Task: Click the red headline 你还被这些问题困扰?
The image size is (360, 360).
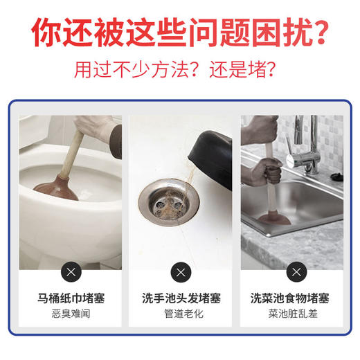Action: tap(180, 32)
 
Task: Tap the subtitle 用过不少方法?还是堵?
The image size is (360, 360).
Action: tap(180, 71)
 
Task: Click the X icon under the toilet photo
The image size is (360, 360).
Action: tap(71, 271)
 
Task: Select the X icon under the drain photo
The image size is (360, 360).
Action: tap(180, 271)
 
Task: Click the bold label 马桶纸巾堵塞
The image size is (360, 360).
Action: tap(71, 298)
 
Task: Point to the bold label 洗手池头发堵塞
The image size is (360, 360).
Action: tap(180, 298)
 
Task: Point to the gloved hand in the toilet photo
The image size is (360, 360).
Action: tap(97, 127)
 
